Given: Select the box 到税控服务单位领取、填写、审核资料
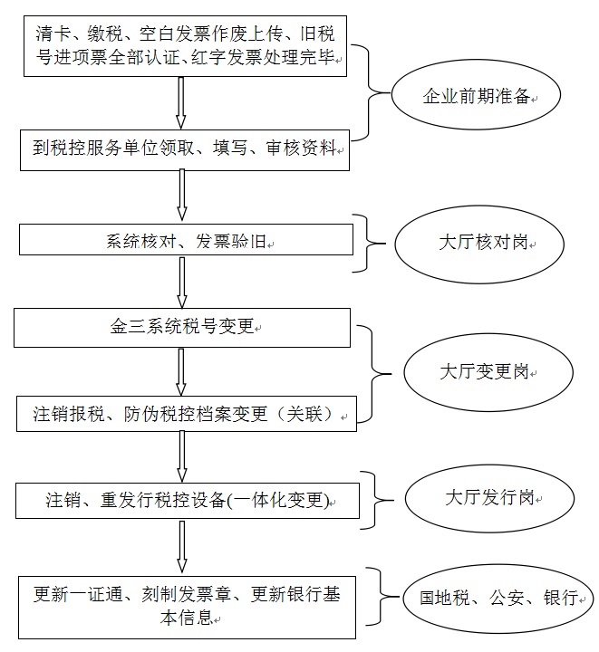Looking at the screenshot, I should [x=184, y=149].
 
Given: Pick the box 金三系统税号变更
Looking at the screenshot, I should [x=181, y=327].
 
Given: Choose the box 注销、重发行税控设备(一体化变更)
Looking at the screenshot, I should [x=188, y=501].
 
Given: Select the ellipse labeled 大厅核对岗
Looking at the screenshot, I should [x=480, y=244].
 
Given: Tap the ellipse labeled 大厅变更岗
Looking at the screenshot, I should [x=488, y=372].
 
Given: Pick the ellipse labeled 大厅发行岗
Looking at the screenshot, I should [x=489, y=499].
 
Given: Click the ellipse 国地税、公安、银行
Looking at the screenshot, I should [x=500, y=598].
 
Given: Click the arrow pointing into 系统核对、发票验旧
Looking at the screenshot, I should [x=182, y=196].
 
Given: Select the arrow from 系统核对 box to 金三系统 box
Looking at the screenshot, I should [x=182, y=283].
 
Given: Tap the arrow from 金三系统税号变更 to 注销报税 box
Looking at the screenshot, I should [x=182, y=370].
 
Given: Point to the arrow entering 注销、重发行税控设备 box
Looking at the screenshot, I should [x=182, y=457].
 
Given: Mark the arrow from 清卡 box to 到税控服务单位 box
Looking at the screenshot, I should [x=182, y=103].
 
